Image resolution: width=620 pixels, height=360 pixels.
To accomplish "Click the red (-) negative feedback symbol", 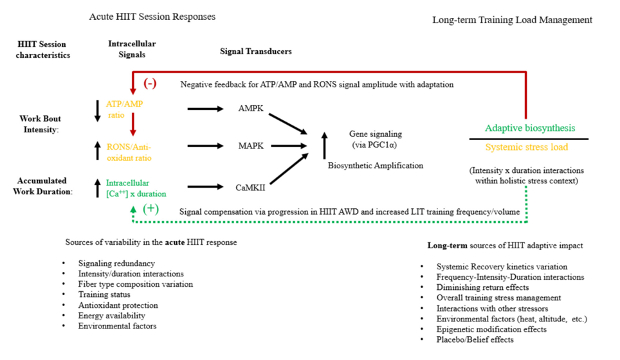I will pyautogui.click(x=150, y=84).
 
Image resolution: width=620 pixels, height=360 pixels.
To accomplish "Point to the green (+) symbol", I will pyautogui.click(x=150, y=209).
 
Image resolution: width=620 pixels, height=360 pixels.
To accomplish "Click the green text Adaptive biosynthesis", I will pyautogui.click(x=530, y=128).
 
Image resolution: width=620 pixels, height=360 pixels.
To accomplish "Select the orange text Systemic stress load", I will pyautogui.click(x=526, y=147).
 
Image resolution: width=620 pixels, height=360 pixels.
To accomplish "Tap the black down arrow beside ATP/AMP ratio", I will pyautogui.click(x=97, y=110).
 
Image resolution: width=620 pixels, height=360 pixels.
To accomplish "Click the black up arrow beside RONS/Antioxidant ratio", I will pyautogui.click(x=97, y=151).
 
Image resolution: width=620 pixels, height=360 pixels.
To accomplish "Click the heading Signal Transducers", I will pyautogui.click(x=255, y=51).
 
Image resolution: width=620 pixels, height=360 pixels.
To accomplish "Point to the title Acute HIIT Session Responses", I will pyautogui.click(x=152, y=16).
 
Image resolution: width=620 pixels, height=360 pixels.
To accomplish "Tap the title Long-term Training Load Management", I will pyautogui.click(x=512, y=20).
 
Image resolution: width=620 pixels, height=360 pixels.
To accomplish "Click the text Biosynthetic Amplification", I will pyautogui.click(x=376, y=165).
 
